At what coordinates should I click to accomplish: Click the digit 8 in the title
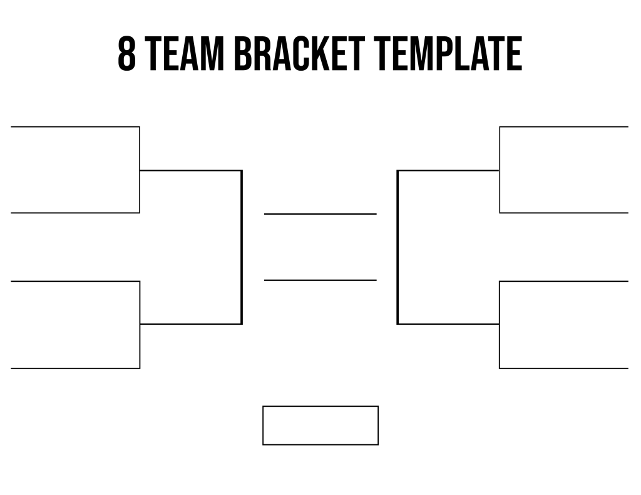(x=126, y=54)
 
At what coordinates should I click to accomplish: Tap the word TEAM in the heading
(x=185, y=54)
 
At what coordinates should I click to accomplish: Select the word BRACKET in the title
(x=299, y=54)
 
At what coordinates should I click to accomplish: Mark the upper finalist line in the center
(x=320, y=214)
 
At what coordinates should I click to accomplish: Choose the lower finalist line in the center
(x=320, y=280)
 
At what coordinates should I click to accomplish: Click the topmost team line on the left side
(x=75, y=126)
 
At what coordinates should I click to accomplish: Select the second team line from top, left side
(x=75, y=213)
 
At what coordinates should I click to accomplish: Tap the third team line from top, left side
(x=75, y=281)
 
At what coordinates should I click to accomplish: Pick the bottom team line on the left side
(x=75, y=369)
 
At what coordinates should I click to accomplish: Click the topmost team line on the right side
(x=564, y=126)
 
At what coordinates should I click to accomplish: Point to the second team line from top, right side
(x=564, y=213)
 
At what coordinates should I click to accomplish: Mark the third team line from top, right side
(x=564, y=281)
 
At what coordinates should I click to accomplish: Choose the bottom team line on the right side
(x=564, y=369)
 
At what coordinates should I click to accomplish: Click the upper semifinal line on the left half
(x=191, y=170)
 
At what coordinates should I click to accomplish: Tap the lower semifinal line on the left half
(x=191, y=324)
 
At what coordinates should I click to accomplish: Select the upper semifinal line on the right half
(x=448, y=170)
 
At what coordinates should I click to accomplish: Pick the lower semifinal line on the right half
(x=448, y=324)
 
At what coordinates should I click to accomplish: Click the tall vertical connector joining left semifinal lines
(x=242, y=247)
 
